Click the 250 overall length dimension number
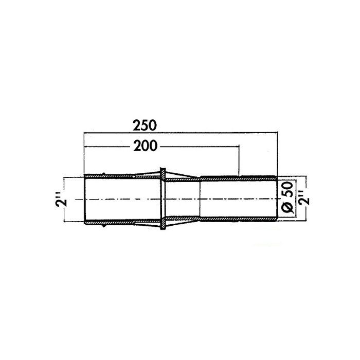pyautogui.click(x=145, y=125)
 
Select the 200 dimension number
pyautogui.click(x=146, y=146)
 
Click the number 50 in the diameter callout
pyautogui.click(x=287, y=189)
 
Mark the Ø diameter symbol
pyautogui.click(x=287, y=206)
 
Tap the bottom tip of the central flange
pyautogui.click(x=163, y=229)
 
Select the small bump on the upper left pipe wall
pyautogui.click(x=103, y=174)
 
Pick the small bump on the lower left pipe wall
pyautogui.click(x=104, y=225)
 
